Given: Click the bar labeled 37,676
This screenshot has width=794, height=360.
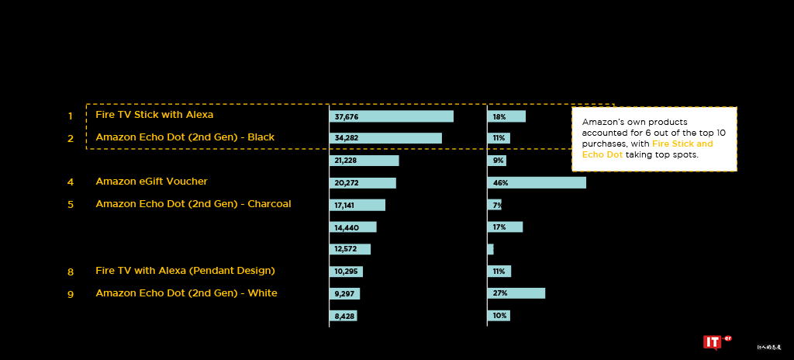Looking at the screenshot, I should (392, 116).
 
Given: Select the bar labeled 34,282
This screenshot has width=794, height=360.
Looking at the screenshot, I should (386, 138).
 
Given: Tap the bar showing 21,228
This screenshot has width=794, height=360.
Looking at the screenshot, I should (364, 161).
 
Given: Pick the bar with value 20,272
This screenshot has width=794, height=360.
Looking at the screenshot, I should (363, 183).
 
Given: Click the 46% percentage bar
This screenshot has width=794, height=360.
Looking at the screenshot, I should (537, 183).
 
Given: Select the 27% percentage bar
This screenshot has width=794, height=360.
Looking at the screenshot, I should (516, 293).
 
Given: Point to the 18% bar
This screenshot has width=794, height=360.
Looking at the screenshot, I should (506, 116).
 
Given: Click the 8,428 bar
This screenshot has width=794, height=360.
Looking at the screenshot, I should (343, 316).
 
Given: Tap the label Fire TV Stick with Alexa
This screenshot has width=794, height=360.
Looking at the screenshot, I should (154, 115).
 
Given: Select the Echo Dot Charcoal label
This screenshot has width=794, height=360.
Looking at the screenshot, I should (193, 204).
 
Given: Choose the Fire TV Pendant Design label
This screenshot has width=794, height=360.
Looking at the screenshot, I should (185, 271).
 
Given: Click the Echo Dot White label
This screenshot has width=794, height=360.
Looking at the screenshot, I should (186, 293).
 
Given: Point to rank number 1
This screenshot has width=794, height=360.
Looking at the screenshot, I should (71, 116).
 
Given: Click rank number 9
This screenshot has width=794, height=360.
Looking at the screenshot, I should (71, 294).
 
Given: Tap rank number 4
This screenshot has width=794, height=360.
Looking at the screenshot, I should (71, 182).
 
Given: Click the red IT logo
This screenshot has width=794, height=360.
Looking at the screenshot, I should (712, 342).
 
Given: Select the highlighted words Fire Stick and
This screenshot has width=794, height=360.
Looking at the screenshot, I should (682, 144).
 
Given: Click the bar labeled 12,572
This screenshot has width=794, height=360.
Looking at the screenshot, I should (350, 249).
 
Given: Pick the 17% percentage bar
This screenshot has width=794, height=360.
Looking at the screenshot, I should (506, 227).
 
